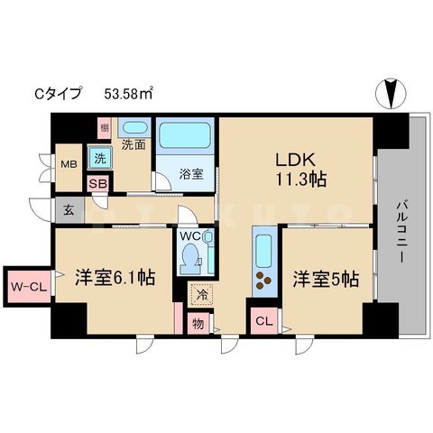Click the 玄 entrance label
click(69, 211)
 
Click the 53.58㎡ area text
click(129, 93)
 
